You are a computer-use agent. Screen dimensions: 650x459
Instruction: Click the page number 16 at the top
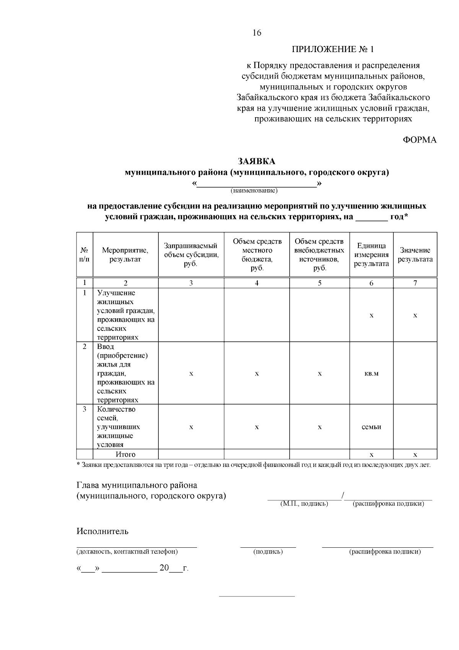click(257, 33)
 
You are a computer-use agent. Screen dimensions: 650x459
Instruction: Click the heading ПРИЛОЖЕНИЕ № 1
click(333, 49)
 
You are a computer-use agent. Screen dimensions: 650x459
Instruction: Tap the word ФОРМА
click(420, 140)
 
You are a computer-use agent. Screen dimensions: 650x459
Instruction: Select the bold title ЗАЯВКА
click(257, 161)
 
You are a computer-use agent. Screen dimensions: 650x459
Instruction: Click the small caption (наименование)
click(254, 190)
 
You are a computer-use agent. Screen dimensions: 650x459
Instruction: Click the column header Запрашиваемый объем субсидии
click(191, 255)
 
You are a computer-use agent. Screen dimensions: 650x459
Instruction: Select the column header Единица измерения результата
click(371, 255)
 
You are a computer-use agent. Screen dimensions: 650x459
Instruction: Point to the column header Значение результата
click(415, 255)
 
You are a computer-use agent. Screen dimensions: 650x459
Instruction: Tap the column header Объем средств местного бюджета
click(257, 255)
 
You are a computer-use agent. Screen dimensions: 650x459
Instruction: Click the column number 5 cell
click(319, 283)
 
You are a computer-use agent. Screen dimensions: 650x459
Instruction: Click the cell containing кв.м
click(371, 373)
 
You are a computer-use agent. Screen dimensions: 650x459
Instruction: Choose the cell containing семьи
click(371, 427)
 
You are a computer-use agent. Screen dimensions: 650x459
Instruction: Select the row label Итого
click(125, 455)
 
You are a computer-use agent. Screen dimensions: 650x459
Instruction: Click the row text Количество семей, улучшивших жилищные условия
click(119, 427)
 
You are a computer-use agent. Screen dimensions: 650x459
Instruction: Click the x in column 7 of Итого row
click(415, 455)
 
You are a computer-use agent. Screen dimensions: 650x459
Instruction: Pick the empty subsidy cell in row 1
click(191, 315)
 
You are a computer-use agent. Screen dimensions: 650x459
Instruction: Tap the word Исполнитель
click(103, 531)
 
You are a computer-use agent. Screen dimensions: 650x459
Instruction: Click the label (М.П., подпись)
click(304, 504)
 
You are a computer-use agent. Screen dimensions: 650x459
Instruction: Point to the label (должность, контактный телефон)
click(127, 552)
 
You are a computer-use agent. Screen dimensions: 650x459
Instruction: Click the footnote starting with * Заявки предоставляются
click(254, 465)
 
